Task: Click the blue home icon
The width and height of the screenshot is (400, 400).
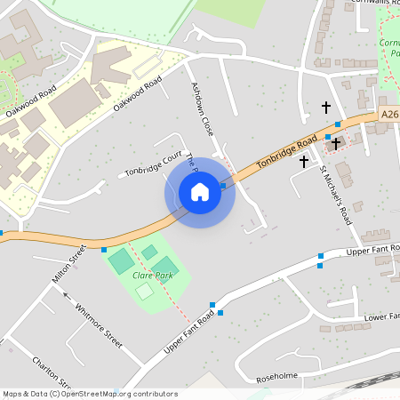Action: (200, 191)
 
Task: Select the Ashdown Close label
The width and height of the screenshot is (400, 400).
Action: (203, 109)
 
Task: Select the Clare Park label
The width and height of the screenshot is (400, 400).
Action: (151, 276)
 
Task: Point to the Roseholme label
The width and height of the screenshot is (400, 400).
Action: (276, 375)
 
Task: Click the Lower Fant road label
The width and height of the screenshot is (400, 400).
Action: (382, 316)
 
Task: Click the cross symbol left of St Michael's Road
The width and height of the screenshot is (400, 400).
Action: (304, 162)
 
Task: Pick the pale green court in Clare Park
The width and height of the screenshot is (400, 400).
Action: (144, 291)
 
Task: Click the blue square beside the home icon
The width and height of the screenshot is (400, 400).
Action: (223, 185)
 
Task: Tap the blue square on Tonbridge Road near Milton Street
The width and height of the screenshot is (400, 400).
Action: (104, 249)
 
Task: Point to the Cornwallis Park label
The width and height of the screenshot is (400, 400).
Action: (389, 47)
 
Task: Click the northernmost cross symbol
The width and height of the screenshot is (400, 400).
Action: (325, 108)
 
